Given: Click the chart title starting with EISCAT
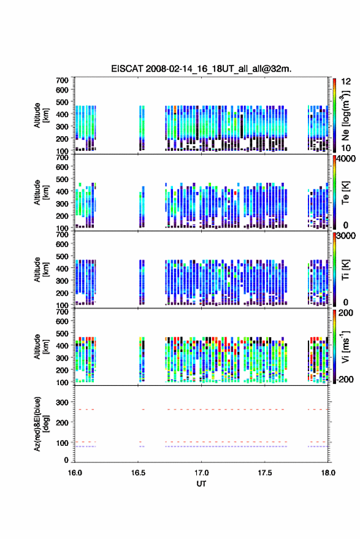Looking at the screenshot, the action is [201, 69].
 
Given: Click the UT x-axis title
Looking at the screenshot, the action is [201, 484].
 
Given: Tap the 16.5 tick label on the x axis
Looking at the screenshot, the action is [138, 473].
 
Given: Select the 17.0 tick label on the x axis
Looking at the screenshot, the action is [201, 473].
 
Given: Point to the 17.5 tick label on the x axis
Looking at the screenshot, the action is [264, 473].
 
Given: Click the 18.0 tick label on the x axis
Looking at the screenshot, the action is [328, 473].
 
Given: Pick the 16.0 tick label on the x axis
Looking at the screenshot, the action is [75, 473].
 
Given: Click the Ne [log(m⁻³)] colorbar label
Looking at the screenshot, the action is [345, 115].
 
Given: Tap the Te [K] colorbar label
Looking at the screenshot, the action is [345, 193].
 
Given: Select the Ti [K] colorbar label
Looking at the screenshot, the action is [345, 270].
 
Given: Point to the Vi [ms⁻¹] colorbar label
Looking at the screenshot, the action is [345, 346].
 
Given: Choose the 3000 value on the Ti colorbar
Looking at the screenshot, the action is [345, 236].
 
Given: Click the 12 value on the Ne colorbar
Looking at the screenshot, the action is [346, 82].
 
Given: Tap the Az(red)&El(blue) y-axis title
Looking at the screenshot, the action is [41, 424].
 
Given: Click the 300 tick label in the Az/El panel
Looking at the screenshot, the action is [62, 402].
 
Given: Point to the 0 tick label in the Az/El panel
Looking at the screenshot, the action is [66, 460].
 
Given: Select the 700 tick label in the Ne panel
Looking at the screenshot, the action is [62, 80].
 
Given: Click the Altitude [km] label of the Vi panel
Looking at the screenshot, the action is [41, 346].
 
